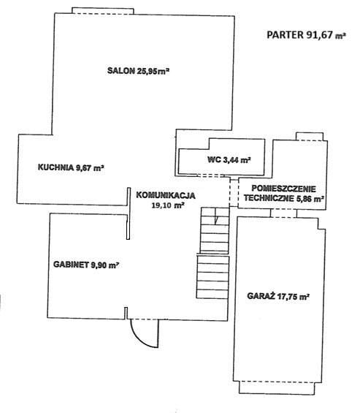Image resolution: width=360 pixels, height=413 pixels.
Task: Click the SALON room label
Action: click(138, 71)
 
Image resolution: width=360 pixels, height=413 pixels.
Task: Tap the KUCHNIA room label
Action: click(71, 167)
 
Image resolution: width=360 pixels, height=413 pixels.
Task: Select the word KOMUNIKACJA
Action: click(166, 195)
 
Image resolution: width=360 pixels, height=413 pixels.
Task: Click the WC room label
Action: click(229, 159)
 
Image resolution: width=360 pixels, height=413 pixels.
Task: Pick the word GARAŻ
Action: click(260, 295)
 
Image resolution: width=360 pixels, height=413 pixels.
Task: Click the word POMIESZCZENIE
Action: click(283, 189)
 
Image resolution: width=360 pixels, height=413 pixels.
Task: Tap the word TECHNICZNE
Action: click(269, 198)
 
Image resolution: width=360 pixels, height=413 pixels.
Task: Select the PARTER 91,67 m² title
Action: click(306, 35)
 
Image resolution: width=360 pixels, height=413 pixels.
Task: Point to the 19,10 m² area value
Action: click(167, 205)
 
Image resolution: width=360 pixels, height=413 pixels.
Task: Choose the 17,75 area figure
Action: click(286, 296)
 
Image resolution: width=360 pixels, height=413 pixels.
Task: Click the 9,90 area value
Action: click(99, 265)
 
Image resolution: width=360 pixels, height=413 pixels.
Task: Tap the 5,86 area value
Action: click(304, 198)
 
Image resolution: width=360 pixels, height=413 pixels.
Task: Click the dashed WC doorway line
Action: click(211, 175)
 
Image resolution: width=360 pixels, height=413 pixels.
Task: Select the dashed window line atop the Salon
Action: click(103, 14)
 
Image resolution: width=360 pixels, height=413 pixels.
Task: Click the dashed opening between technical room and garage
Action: click(283, 217)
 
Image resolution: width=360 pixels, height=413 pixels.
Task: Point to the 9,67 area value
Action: click(84, 168)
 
